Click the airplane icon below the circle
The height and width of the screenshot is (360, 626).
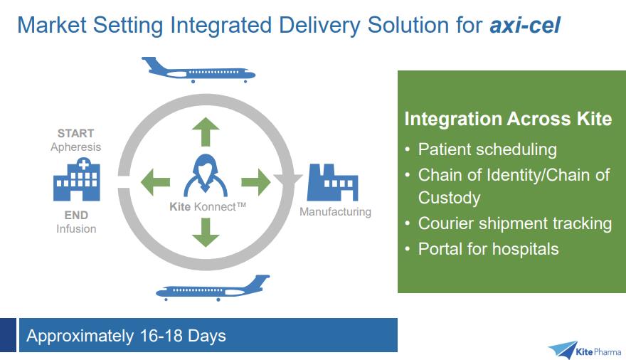click(213, 288)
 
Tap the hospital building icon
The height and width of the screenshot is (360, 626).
click(77, 179)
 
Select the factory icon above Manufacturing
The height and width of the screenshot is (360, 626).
click(332, 182)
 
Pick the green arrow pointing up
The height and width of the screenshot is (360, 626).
click(206, 133)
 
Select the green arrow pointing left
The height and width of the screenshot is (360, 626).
click(155, 182)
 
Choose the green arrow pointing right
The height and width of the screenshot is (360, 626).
click(256, 182)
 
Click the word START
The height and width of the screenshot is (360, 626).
click(76, 133)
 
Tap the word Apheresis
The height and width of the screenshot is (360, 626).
click(76, 147)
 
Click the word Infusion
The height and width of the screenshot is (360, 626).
click(76, 228)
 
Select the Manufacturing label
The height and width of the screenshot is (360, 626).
click(335, 211)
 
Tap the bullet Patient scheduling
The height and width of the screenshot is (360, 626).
click(487, 149)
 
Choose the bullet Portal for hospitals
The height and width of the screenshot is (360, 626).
click(488, 249)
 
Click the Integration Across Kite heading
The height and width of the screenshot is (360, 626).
click(508, 118)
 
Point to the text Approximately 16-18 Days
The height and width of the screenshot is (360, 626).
click(126, 335)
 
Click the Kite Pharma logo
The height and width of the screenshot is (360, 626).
click(584, 349)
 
